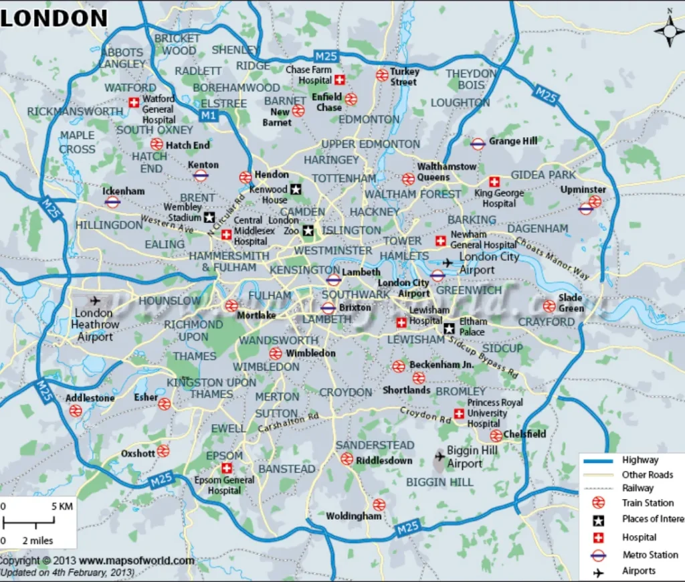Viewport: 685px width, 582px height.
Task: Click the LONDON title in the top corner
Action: pos(54,18)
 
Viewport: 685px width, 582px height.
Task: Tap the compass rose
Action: pos(670,31)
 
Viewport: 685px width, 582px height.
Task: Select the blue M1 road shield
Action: pos(208,116)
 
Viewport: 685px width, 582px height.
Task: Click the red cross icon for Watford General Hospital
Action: pos(134,102)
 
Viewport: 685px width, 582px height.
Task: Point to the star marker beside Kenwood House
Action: pos(296,190)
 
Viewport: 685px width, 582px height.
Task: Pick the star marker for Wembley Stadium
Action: pos(209,217)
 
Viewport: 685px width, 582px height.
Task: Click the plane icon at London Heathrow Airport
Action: pos(94,300)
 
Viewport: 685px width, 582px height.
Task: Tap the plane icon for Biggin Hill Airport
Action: pos(439,456)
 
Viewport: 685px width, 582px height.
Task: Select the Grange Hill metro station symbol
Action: pos(478,143)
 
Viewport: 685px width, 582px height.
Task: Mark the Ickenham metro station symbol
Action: pos(112,201)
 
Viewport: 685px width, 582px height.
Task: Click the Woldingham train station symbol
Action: pos(379,504)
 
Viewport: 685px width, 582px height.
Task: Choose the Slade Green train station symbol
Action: pos(549,306)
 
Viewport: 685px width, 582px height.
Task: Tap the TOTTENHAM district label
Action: pos(345,179)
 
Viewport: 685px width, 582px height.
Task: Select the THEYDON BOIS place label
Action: pos(472,79)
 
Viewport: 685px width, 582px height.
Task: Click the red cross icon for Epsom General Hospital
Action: pos(227,468)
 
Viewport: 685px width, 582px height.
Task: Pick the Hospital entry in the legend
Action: pos(639,537)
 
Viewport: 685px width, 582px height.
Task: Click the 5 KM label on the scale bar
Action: pos(62,506)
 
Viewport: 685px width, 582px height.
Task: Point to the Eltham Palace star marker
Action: pos(450,328)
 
